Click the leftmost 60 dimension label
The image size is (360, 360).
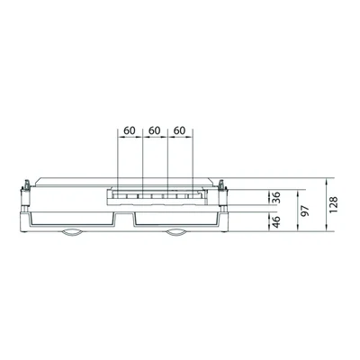click(130, 130)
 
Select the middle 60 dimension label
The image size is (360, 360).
click(155, 130)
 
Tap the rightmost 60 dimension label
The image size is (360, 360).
click(179, 130)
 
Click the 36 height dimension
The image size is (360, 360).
click(276, 197)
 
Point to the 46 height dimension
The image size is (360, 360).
click(276, 221)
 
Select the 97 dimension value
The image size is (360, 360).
click(305, 211)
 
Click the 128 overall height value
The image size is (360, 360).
click(333, 204)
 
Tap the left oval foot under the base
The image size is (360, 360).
click(71, 233)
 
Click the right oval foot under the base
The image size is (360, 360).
click(176, 233)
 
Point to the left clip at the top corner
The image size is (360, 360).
click(27, 184)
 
